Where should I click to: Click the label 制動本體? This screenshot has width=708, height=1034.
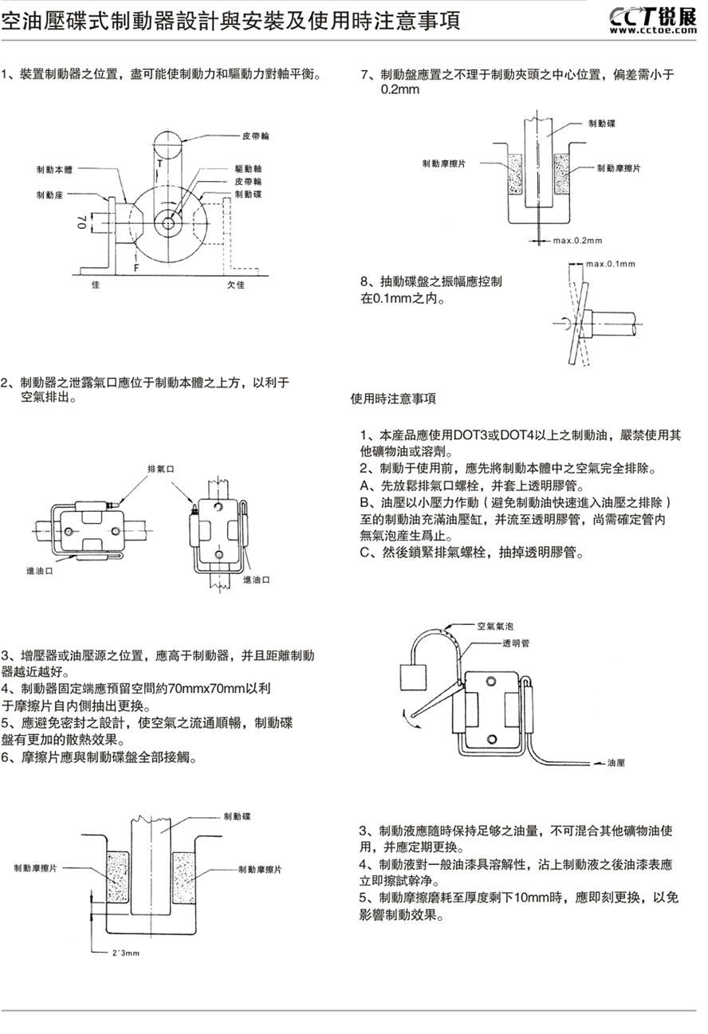pyautogui.click(x=54, y=170)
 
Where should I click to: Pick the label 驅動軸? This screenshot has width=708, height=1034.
pyautogui.click(x=249, y=170)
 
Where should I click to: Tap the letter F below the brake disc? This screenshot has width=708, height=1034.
pyautogui.click(x=136, y=268)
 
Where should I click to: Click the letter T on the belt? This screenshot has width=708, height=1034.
pyautogui.click(x=159, y=164)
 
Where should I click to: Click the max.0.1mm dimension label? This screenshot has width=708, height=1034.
pyautogui.click(x=610, y=263)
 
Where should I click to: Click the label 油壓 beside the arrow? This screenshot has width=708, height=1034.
pyautogui.click(x=616, y=763)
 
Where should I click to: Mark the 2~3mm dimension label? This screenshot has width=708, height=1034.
pyautogui.click(x=126, y=953)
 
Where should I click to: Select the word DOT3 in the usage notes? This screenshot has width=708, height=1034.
pyautogui.click(x=470, y=434)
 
